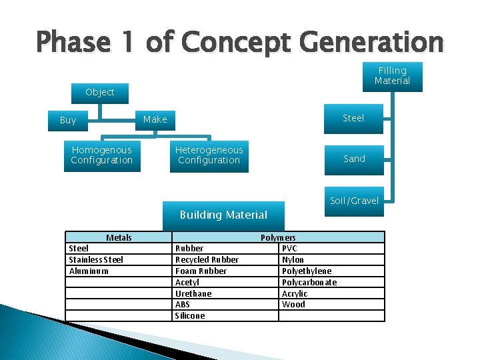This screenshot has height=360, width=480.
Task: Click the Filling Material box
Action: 392,76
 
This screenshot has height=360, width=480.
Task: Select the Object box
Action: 100,92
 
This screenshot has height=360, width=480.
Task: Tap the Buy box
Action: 68,120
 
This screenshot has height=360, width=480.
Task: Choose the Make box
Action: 155,119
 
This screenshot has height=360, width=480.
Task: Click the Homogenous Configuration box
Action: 102,155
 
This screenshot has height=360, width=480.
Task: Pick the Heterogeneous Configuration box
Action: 209,155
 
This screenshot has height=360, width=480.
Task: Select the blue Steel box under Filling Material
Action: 353,118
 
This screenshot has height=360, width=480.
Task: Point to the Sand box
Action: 354,159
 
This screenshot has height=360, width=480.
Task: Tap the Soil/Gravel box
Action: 354,201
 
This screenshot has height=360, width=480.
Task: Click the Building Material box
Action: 223,215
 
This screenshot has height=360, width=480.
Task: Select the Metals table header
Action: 119,237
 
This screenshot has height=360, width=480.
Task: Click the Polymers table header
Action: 278,237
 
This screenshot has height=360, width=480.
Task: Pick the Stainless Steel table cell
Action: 97,259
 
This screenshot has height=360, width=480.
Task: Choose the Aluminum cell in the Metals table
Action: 89,271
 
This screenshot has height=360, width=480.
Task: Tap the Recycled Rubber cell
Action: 207,259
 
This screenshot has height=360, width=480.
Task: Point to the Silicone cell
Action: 190,315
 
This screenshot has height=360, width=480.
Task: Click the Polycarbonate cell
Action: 309,282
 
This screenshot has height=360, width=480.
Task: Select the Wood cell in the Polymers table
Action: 293,304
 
